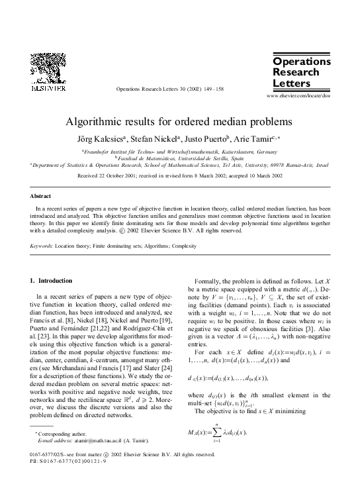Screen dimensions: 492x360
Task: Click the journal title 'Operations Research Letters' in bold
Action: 301,72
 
